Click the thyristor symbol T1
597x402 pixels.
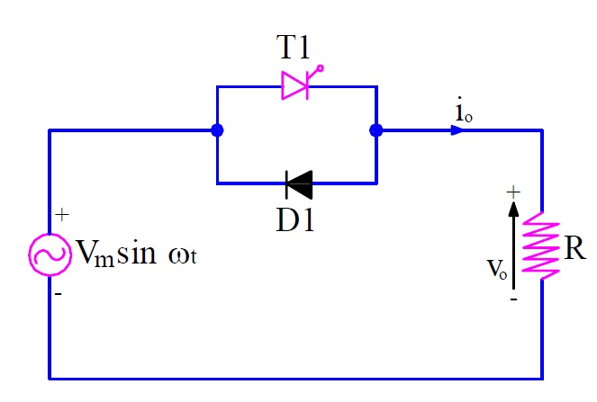click(x=296, y=85)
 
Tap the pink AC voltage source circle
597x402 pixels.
click(x=49, y=255)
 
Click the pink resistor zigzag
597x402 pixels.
click(x=542, y=245)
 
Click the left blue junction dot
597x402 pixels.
click(x=217, y=130)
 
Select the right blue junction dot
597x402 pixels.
click(x=376, y=130)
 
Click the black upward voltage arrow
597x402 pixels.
click(x=513, y=243)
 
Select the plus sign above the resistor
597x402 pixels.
click(x=514, y=192)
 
